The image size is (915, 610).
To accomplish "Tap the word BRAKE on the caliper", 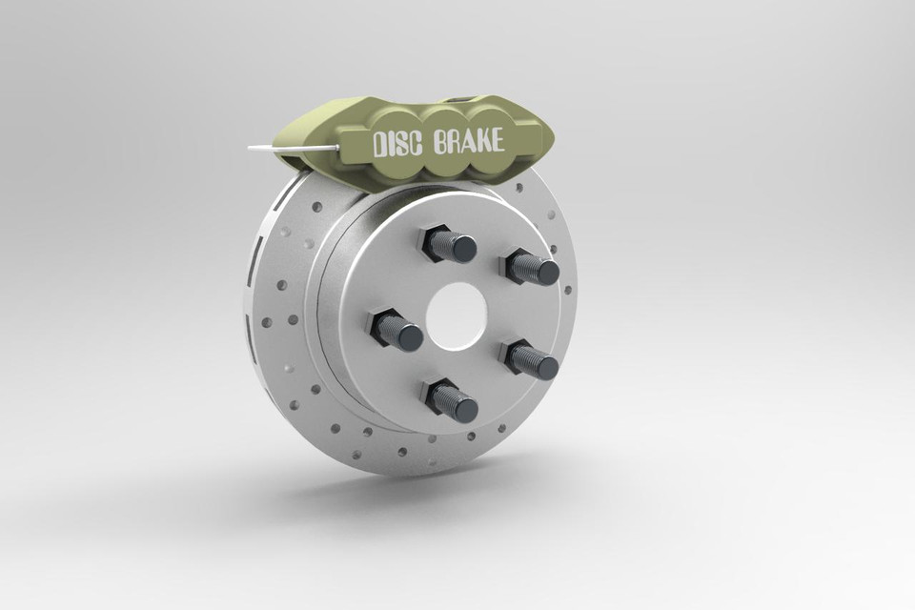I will point(468,143).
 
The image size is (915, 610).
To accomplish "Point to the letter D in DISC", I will point(378,146).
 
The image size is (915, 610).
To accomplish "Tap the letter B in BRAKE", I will point(439,144).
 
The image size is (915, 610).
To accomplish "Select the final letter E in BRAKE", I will point(496,141).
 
